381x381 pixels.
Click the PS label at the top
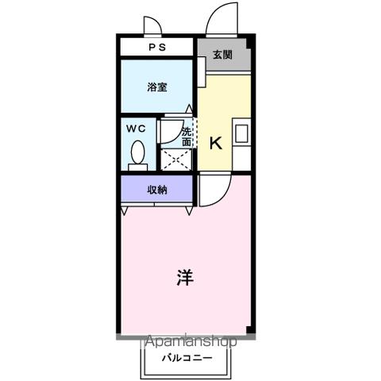tap(156, 48)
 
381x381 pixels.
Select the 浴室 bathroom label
tap(156, 87)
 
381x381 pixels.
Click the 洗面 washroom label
tap(187, 136)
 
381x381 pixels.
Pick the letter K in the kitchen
tap(215, 143)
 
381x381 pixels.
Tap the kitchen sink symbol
tap(241, 133)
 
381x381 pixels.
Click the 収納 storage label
tap(156, 190)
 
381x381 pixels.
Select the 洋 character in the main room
tap(184, 278)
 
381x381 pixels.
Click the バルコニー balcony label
tap(188, 358)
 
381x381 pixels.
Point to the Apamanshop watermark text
tap(190, 343)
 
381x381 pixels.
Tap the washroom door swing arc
tap(171, 129)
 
